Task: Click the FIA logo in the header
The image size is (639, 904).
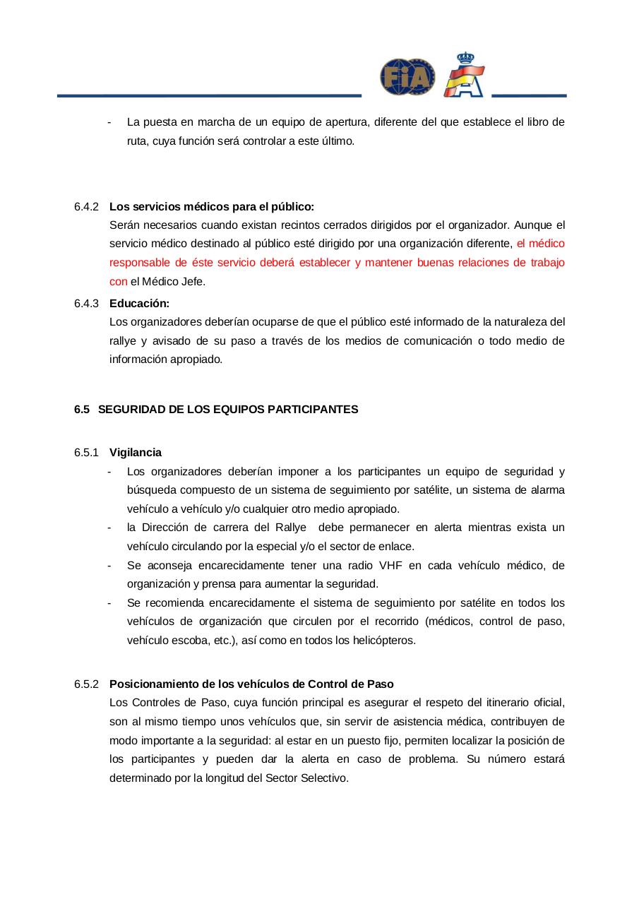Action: (407, 76)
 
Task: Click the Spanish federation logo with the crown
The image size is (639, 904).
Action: (465, 74)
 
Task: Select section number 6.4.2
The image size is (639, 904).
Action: (86, 206)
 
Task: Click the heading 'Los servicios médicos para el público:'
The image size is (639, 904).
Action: (211, 206)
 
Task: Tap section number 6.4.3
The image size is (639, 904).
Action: (86, 303)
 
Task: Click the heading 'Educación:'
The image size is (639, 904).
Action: (139, 303)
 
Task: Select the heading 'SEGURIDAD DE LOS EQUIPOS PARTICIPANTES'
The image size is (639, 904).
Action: (227, 409)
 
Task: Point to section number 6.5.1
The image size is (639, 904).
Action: (86, 452)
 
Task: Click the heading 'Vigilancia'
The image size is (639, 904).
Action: (135, 452)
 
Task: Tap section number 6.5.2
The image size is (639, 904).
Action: (86, 684)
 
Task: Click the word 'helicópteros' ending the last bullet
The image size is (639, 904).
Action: (386, 641)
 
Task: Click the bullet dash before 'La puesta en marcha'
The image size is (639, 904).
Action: (109, 122)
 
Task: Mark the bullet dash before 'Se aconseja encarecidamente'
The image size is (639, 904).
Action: (109, 565)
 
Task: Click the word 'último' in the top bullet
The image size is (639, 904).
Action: (337, 141)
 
